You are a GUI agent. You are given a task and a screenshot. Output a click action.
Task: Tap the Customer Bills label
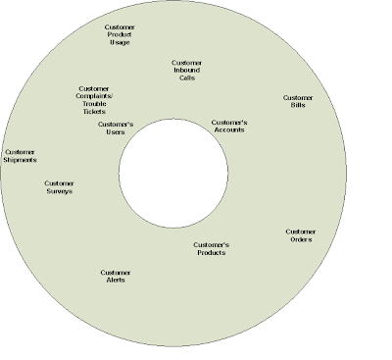298,101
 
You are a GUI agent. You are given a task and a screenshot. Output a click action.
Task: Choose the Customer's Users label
118,129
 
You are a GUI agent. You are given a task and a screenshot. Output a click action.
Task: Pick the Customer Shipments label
20,156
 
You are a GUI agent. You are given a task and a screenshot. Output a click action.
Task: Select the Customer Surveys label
59,187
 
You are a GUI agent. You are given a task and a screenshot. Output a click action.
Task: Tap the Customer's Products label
211,248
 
